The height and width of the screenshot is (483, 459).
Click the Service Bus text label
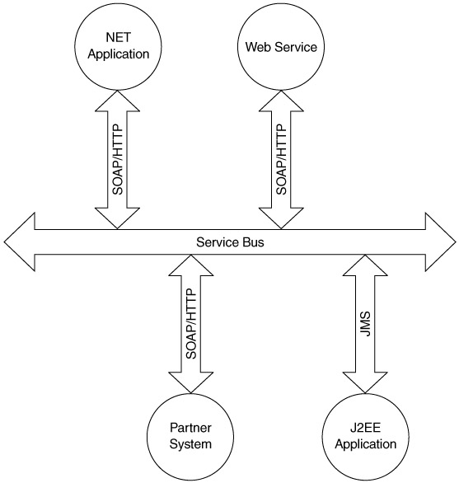click(230, 242)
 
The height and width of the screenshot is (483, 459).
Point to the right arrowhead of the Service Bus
click(441, 242)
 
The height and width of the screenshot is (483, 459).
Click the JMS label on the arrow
click(365, 324)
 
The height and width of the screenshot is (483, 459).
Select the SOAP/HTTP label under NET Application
click(117, 159)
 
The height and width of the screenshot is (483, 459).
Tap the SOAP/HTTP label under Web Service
click(281, 159)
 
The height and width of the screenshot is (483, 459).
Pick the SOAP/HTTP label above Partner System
click(191, 324)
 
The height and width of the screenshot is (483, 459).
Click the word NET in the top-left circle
click(119, 37)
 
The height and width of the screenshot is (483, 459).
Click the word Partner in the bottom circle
click(190, 428)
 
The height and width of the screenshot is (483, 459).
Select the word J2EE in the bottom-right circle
click(365, 428)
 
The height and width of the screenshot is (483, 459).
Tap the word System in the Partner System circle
click(190, 444)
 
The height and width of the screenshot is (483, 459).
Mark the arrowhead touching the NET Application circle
click(117, 101)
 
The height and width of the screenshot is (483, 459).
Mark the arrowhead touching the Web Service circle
click(281, 101)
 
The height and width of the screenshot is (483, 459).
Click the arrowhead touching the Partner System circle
click(191, 383)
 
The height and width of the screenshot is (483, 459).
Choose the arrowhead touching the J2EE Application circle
click(365, 383)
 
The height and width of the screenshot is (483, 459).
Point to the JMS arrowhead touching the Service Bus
click(365, 265)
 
